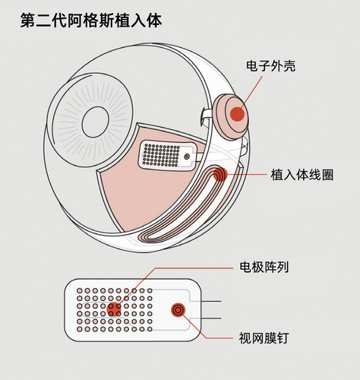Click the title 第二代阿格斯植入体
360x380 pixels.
(91, 21)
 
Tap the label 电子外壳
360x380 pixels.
(270, 66)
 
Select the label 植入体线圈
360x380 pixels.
(302, 175)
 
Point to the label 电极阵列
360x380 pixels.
(264, 267)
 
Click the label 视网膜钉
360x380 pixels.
(264, 338)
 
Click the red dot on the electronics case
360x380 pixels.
(237, 114)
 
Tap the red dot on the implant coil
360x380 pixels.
(220, 175)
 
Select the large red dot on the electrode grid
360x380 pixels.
(114, 309)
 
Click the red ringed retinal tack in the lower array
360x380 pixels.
(178, 309)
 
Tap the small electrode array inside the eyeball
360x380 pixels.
(169, 155)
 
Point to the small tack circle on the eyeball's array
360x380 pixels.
(187, 157)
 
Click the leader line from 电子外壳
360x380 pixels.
(251, 92)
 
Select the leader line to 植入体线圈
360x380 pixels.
(247, 175)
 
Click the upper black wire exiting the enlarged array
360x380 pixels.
(211, 301)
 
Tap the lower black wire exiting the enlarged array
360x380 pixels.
(211, 318)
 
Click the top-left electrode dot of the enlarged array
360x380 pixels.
(80, 290)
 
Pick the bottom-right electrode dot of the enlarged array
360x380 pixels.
(150, 329)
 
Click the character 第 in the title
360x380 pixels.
(28, 21)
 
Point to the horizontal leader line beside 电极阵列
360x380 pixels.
(194, 268)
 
